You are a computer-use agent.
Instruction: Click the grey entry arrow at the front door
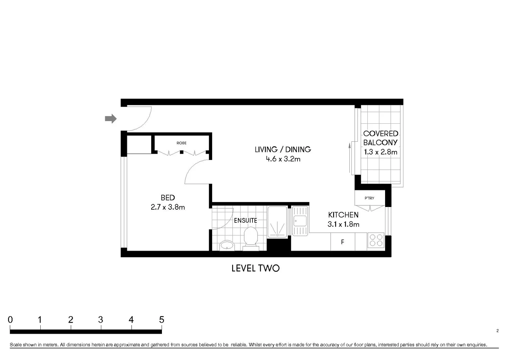[x=111, y=119]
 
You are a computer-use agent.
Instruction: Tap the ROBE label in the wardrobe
[x=182, y=143]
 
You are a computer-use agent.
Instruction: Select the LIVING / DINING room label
[x=283, y=149]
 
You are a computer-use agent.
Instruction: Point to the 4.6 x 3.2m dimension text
[x=283, y=159]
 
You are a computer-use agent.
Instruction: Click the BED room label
[x=168, y=198]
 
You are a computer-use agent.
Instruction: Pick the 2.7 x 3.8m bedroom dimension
[x=168, y=207]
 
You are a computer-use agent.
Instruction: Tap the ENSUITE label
[x=245, y=220]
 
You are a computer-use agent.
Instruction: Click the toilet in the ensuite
[x=251, y=238]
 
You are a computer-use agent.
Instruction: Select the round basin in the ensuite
[x=227, y=245]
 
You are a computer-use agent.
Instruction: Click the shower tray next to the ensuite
[x=277, y=222]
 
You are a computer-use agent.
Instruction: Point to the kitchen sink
[x=300, y=221]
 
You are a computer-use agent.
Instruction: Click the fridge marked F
[x=342, y=242]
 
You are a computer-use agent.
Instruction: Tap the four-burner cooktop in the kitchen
[x=376, y=240]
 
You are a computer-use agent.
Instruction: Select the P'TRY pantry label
[x=369, y=198]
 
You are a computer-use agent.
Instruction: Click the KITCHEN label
[x=343, y=215]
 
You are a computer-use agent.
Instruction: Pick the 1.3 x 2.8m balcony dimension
[x=380, y=152]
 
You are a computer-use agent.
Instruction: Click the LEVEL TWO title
[x=255, y=268]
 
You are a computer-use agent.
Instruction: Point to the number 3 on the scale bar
[x=101, y=320]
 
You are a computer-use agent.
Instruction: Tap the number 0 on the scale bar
[x=10, y=320]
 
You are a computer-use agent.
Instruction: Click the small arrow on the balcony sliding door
[x=349, y=146]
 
